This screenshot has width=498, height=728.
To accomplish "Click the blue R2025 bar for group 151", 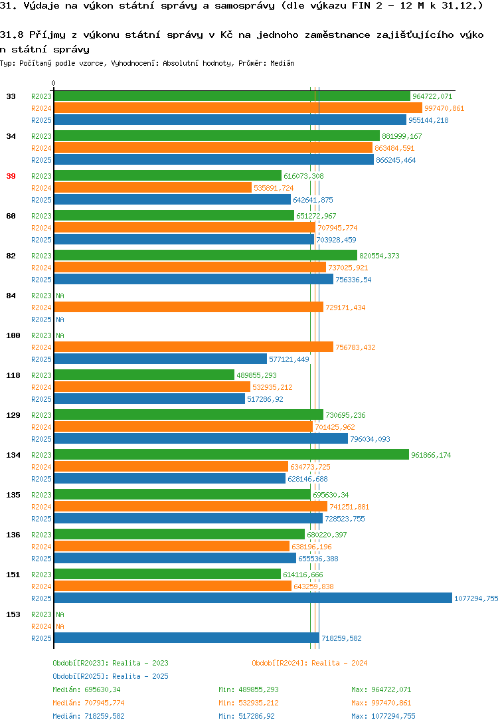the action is pos(253,598).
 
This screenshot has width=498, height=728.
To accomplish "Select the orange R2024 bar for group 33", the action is pos(238,108).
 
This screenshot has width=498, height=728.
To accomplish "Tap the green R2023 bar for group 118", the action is pos(144,375).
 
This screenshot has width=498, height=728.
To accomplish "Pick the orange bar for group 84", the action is pos(189,307).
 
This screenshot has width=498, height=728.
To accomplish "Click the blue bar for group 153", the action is pos(187,638).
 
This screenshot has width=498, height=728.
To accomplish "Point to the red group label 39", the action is pos(11,176).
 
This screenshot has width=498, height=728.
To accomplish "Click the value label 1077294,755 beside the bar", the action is pos(476,598).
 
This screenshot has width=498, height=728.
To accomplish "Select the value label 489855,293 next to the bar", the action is pos(256,375).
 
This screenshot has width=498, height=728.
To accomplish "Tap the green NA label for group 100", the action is pos(60,335).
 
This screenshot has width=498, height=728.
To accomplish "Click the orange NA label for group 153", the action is pos(60,626).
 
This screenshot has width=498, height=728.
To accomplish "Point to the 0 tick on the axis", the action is pos(53,83).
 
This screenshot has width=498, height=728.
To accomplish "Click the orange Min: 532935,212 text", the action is pos(249,703).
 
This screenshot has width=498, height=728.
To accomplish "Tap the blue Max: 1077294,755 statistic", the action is pos(383,716).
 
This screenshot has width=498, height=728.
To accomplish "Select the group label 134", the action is pos(13,455).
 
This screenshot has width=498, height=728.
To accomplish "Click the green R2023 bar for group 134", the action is pos(232,454).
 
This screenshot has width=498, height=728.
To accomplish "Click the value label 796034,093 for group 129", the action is pos(370,439).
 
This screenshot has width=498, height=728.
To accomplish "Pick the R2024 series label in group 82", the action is pos(41,268).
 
